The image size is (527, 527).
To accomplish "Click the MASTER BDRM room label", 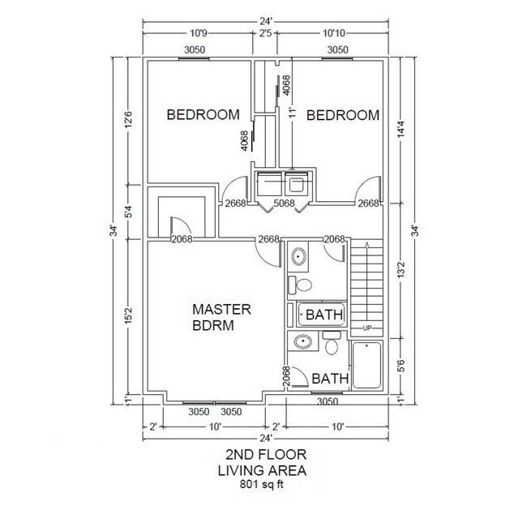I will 222,318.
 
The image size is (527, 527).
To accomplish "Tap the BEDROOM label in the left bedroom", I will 203,115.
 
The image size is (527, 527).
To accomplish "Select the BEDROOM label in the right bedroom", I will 343,115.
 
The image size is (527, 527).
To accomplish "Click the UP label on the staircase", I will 366,328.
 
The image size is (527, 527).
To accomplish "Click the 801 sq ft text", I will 262,486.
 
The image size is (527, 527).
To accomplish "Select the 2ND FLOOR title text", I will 262,456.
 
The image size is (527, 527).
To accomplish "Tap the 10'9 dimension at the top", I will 198,34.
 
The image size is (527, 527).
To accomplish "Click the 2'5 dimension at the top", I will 267,34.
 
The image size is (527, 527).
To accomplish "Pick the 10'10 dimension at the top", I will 333,34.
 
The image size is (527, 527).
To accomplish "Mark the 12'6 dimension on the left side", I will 128,120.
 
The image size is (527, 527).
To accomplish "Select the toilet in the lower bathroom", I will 331,346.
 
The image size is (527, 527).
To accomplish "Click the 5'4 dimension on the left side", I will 128,213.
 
